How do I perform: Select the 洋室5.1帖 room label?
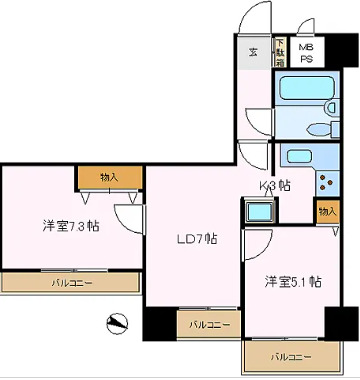click(293, 281)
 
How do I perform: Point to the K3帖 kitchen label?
click(275, 185)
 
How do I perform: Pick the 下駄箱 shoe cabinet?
click(280, 52)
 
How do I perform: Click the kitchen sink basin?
click(297, 155)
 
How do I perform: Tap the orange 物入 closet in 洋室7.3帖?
click(108, 177)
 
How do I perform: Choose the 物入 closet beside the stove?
click(326, 211)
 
